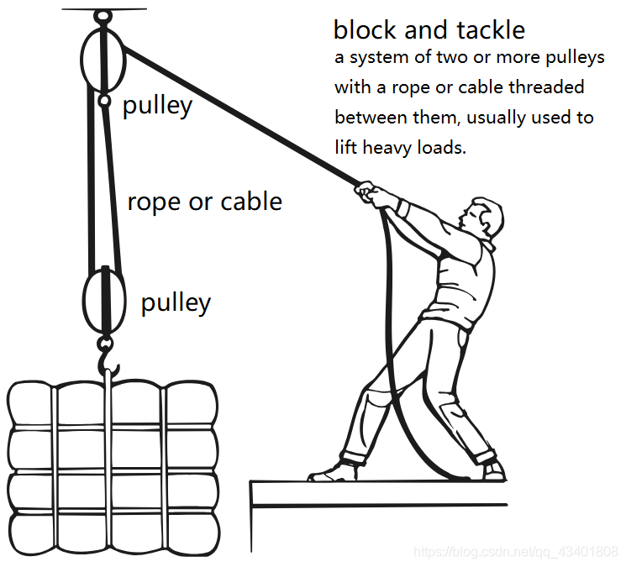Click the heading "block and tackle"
click(x=429, y=30)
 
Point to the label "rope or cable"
click(x=204, y=202)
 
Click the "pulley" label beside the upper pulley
click(x=158, y=106)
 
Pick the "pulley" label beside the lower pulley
click(x=176, y=302)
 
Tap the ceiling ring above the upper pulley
click(x=103, y=15)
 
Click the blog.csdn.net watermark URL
click(x=517, y=552)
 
